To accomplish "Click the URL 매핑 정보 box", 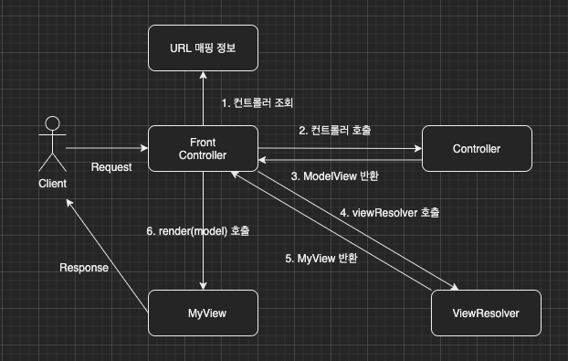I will [x=202, y=48].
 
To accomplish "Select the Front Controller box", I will [x=202, y=149].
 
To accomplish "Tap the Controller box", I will [x=477, y=149].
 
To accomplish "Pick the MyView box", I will [x=202, y=313].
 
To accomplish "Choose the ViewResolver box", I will [x=486, y=313].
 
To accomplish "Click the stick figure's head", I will [x=53, y=123].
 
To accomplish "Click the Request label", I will [x=111, y=167].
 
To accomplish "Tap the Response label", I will [x=84, y=268].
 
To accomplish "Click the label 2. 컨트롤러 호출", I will [x=335, y=130].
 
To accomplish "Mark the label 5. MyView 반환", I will [x=321, y=259].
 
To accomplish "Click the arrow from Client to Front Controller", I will [x=105, y=148].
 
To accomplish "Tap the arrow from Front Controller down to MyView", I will [x=202, y=228].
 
